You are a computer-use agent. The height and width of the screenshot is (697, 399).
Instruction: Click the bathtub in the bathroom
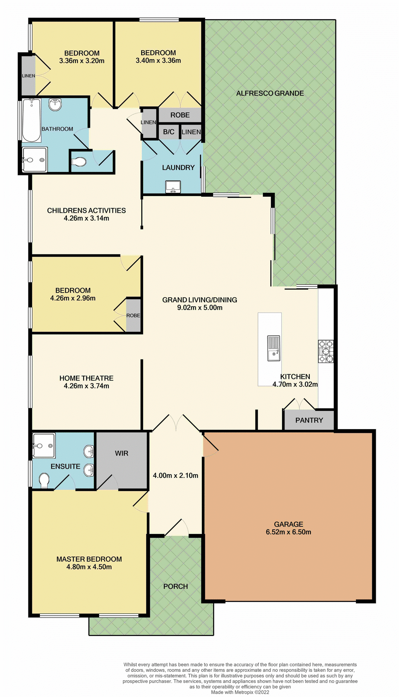coord(32,120)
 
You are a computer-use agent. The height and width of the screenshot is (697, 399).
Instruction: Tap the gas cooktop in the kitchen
coord(326,351)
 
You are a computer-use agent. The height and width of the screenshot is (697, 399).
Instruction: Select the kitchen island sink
coord(274,348)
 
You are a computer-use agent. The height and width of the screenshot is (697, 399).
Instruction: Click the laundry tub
coord(173,187)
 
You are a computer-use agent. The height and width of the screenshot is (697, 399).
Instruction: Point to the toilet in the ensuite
coord(44,481)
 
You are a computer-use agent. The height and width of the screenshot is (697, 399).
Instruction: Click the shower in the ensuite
coord(44,445)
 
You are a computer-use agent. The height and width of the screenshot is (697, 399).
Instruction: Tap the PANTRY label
coord(309,420)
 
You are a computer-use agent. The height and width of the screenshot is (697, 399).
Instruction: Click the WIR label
coord(122,453)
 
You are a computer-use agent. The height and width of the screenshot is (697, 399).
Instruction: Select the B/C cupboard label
coord(168,132)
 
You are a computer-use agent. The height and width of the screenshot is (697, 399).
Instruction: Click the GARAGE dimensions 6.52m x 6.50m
coord(288,532)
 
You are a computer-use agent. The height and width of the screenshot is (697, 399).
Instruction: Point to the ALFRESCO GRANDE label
coord(270,93)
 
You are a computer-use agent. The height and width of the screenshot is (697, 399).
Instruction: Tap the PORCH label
coord(175,586)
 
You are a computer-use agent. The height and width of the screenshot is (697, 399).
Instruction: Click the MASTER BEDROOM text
coord(89,559)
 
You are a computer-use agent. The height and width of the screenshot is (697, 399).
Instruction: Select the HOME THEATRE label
coord(86,378)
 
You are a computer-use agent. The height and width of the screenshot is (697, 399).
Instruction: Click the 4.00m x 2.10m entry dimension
coord(175,476)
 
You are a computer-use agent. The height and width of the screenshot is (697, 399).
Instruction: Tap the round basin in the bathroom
coord(55,105)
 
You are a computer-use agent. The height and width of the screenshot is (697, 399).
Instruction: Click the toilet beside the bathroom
coord(79,162)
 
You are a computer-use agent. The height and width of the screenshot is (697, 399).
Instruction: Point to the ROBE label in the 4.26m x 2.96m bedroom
coord(133,315)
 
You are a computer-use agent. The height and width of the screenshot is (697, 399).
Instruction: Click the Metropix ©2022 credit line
coord(240,692)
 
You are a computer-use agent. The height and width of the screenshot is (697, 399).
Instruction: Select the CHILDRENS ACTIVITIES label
coord(86,211)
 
